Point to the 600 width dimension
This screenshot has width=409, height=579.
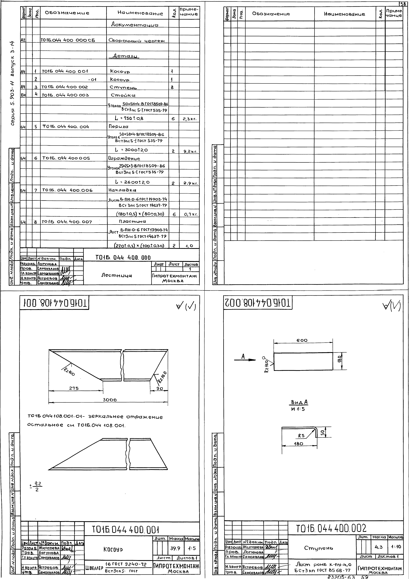click(302, 340)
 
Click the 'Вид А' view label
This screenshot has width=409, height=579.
click(299, 402)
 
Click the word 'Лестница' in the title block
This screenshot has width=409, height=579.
click(116, 276)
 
